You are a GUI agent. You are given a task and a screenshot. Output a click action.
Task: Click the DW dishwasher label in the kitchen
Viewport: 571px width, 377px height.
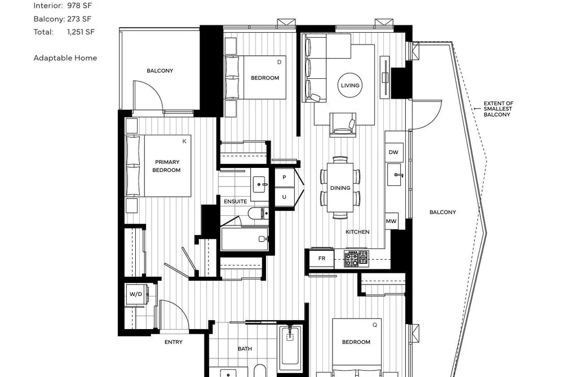tap(393, 152)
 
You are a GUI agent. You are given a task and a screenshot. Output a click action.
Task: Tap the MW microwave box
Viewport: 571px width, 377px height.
tap(391, 221)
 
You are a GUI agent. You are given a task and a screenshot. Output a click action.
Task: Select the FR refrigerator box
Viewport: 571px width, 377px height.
tap(321, 259)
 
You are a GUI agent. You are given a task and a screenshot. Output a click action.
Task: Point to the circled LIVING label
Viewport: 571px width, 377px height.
tap(350, 86)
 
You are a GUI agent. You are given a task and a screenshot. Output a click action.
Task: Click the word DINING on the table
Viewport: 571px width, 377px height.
tap(340, 188)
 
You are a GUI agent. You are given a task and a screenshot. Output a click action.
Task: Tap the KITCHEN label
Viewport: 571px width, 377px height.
tap(357, 232)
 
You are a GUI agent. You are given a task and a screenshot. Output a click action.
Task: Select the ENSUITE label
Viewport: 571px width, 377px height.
tap(235, 201)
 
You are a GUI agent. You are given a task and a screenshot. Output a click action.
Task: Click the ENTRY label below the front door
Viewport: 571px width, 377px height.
tap(174, 342)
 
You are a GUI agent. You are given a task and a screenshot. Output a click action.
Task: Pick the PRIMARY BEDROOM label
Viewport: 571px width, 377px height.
tap(167, 166)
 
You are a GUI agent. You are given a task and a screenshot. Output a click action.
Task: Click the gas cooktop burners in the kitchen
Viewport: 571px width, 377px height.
tap(356, 259)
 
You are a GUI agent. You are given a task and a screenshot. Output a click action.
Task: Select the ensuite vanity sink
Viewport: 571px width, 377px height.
tap(260, 184)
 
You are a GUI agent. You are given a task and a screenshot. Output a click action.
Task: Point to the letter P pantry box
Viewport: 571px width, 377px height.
tap(284, 178)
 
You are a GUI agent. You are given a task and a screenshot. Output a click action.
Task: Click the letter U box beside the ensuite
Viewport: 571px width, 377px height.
tap(284, 197)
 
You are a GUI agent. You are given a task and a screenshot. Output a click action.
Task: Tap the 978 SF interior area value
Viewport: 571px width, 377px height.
tap(79, 6)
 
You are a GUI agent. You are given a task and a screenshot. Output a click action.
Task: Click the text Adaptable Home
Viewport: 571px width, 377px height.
tap(65, 58)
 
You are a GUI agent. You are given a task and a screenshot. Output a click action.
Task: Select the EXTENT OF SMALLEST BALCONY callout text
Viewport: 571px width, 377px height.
tap(498, 109)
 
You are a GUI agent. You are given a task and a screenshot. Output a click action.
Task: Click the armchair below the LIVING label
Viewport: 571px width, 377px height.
tap(343, 125)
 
